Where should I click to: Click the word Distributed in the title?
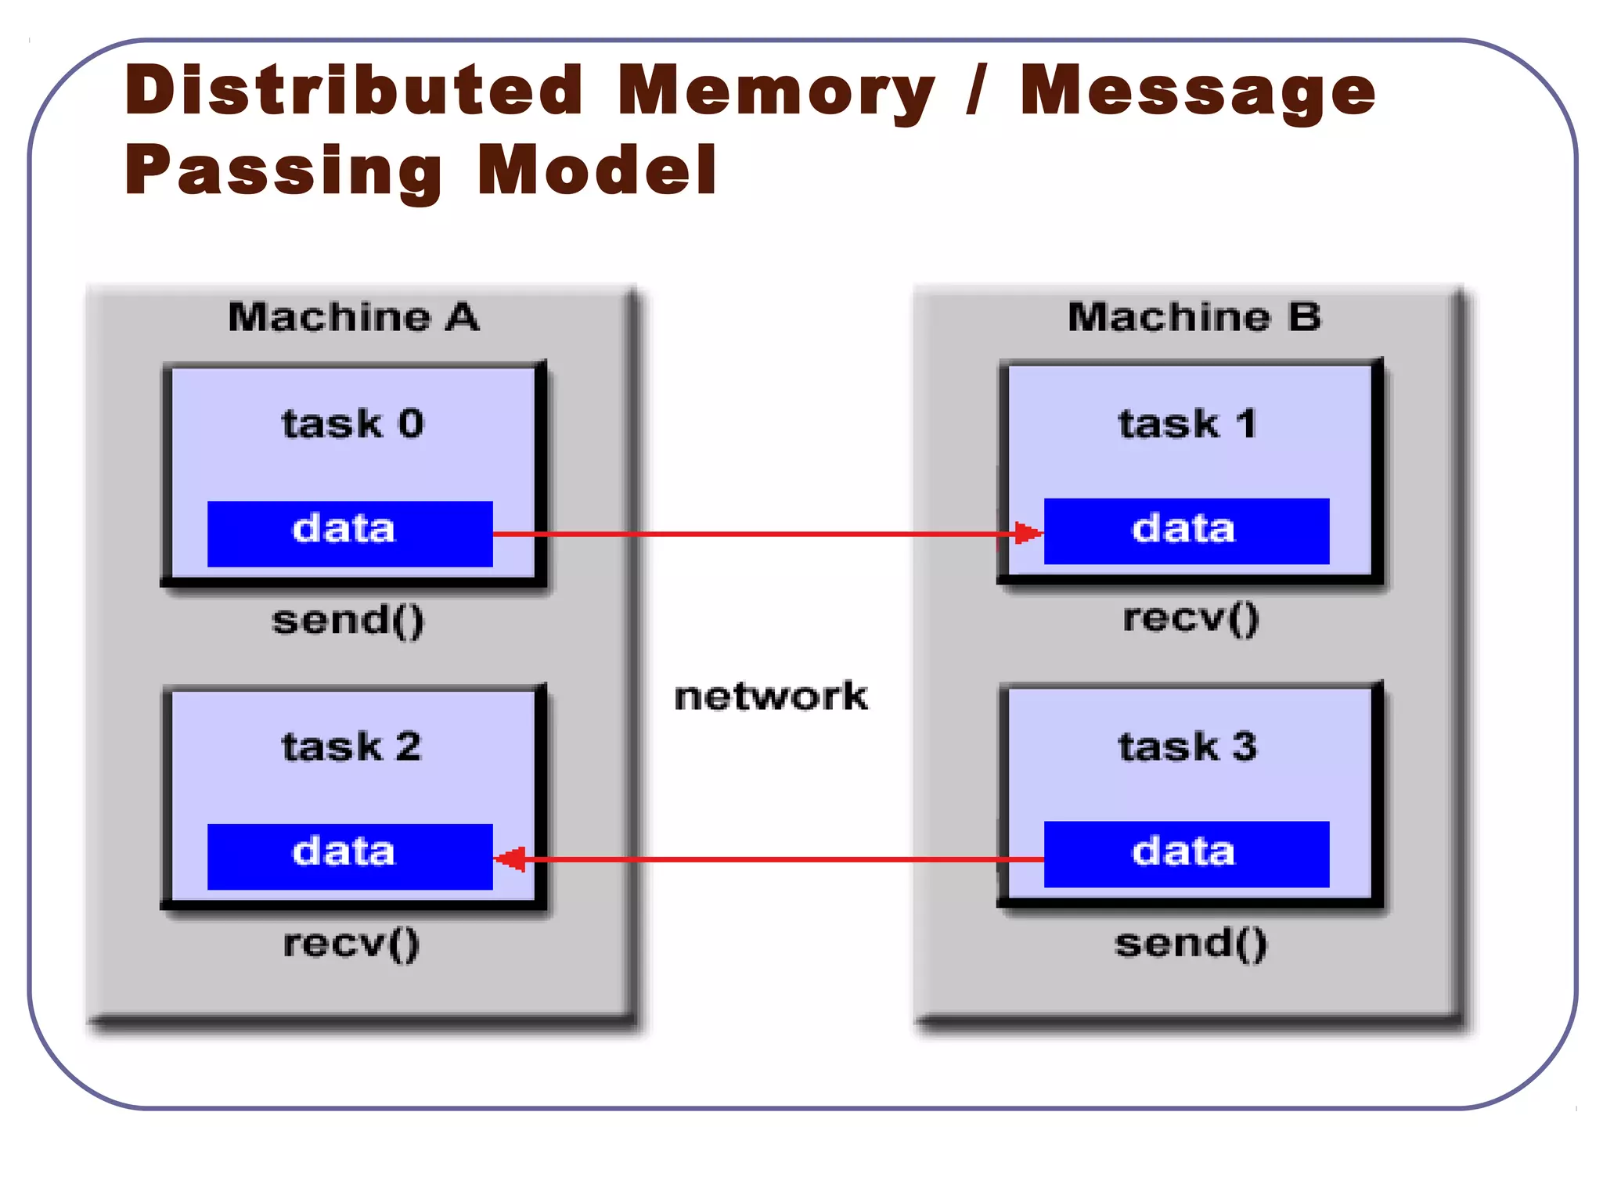(354, 91)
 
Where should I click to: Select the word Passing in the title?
(283, 171)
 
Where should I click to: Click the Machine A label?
(354, 318)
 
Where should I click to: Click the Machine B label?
(1194, 318)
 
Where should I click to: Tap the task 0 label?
(352, 424)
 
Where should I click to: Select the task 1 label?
(1187, 424)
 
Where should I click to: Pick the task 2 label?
(351, 747)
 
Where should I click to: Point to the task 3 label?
(1187, 747)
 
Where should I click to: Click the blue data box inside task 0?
(349, 534)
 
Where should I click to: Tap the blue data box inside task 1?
(1187, 531)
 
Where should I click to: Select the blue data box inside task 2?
(349, 856)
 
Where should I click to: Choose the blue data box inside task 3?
(1187, 854)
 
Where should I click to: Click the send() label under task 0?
(348, 621)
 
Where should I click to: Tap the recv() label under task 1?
(1191, 618)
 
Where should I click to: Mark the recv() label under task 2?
(351, 944)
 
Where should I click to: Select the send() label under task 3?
(1191, 944)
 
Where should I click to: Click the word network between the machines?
(771, 696)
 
